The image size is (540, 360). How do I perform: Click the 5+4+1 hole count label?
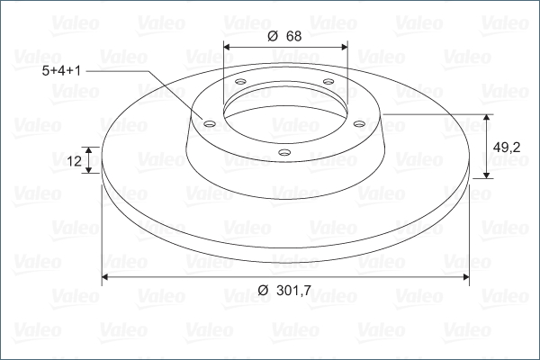[x=61, y=71]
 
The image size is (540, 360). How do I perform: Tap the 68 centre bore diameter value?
[x=293, y=36]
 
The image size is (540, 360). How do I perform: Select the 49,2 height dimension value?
[x=507, y=148]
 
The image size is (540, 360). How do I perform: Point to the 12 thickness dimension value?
[x=74, y=161]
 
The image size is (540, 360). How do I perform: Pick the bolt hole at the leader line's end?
[x=210, y=123]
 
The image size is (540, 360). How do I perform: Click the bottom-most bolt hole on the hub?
[x=284, y=152]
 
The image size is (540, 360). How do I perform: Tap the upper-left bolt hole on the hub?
[x=240, y=82]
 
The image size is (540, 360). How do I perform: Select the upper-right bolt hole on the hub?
[x=328, y=82]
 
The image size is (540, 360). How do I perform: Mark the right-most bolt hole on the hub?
[x=359, y=123]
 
